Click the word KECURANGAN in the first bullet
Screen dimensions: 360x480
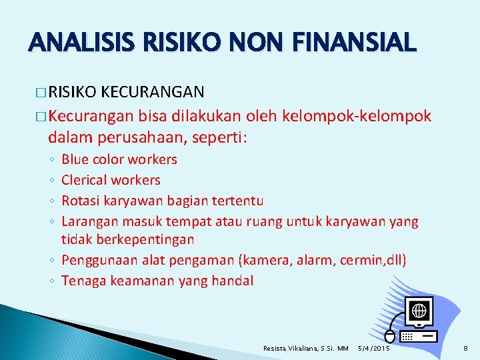154,91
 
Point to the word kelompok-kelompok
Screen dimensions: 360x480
357,117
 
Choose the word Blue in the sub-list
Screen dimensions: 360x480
75,159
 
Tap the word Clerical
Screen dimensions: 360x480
84,180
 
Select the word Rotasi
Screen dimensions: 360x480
80,200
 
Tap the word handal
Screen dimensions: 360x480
233,280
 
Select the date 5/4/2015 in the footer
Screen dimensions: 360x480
374,348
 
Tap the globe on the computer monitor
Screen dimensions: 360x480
419,311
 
